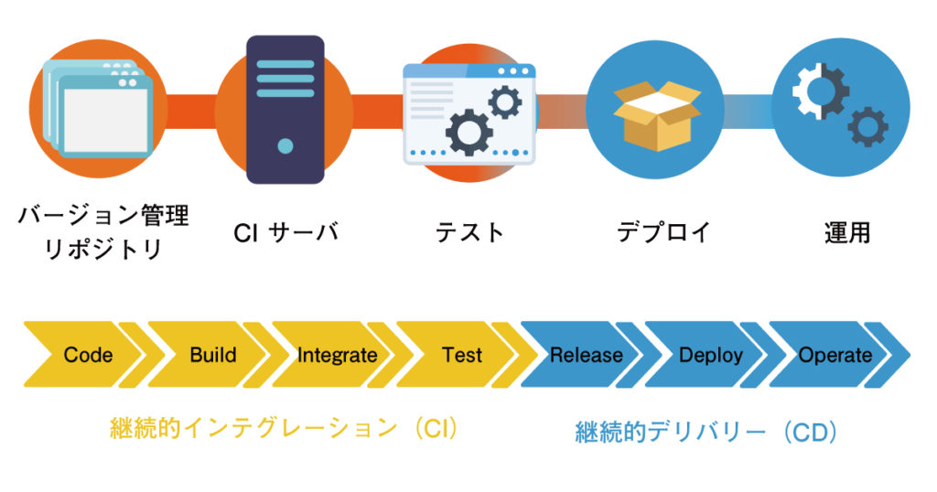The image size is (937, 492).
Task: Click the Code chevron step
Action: tap(88, 355)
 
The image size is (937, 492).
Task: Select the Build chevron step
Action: tap(212, 355)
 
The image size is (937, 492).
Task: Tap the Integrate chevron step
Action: tap(337, 355)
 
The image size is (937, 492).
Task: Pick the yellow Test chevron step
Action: tap(461, 355)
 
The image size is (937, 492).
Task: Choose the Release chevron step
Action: tap(586, 355)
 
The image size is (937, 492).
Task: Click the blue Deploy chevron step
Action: tap(710, 355)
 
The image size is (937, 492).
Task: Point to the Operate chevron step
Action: tap(835, 355)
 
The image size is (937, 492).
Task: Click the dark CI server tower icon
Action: tap(285, 110)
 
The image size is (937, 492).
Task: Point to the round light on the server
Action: tap(285, 145)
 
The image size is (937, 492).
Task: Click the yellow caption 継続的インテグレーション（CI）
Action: tap(283, 429)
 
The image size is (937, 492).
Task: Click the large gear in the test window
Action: tap(468, 131)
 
